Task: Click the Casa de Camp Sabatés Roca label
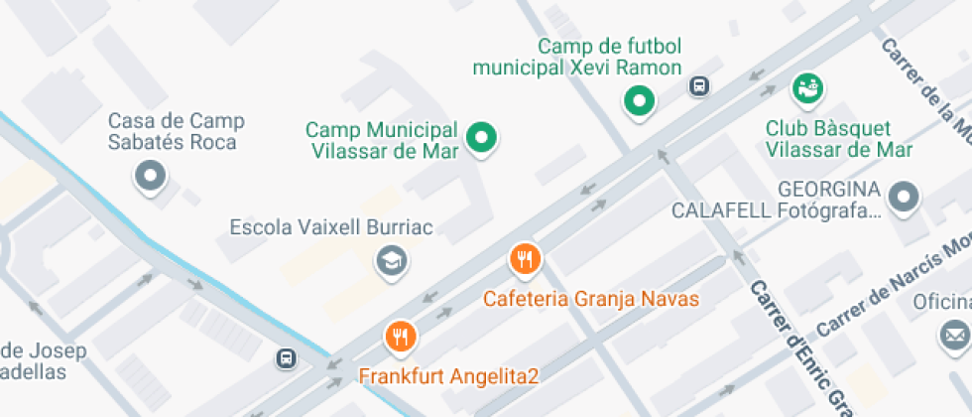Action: pos(176,132)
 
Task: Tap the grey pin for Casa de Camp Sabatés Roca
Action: pos(151,177)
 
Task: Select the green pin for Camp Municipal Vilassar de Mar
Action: pos(482,138)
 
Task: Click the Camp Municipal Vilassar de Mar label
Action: pos(382,141)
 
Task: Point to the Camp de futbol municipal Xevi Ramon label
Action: pos(577,57)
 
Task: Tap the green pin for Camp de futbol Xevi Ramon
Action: pos(640,99)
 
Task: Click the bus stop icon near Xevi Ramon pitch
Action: pos(699,86)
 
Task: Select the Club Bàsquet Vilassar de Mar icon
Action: pos(806,87)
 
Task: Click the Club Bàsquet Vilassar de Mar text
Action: pos(839,139)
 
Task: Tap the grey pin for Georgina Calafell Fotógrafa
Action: pos(904,197)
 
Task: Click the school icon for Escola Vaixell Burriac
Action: pos(392,261)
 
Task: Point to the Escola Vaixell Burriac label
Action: pos(331,227)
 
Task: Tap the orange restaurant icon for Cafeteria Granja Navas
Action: pos(525,259)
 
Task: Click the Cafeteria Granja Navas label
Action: pos(591,298)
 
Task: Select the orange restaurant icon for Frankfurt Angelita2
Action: pos(401,336)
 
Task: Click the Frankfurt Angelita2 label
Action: pos(448,376)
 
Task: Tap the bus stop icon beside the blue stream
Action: pos(286,357)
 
